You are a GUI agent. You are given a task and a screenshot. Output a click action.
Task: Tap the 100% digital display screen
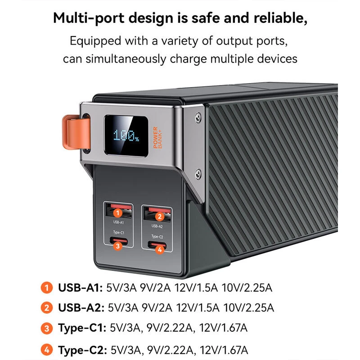coord(126,136)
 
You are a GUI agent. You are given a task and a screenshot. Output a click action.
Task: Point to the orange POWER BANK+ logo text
coord(157,137)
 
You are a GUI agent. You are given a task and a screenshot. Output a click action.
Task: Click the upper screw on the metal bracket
coord(198,117)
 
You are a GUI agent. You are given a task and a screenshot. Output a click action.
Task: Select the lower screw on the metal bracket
coord(198,174)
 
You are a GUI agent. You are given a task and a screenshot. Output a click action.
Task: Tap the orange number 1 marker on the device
coord(118,213)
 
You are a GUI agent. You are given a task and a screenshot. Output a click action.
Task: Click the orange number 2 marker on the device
coord(160,216)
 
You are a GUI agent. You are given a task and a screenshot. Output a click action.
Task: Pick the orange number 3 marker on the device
coord(118,246)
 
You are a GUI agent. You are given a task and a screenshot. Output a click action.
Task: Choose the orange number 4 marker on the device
coord(160,250)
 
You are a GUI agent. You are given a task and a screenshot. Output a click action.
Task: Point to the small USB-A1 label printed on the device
coord(118,222)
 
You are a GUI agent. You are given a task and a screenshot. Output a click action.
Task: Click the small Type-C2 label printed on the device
coord(157,237)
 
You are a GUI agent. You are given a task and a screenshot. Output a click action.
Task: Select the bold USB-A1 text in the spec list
coord(81,288)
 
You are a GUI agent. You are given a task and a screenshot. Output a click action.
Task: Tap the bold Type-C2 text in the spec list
coord(82,350)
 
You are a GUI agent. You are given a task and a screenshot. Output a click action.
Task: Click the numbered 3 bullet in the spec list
coord(47,328)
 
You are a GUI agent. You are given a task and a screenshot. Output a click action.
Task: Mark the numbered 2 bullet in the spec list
coord(47,308)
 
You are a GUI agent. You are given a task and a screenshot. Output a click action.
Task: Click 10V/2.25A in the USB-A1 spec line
coord(247,288)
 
